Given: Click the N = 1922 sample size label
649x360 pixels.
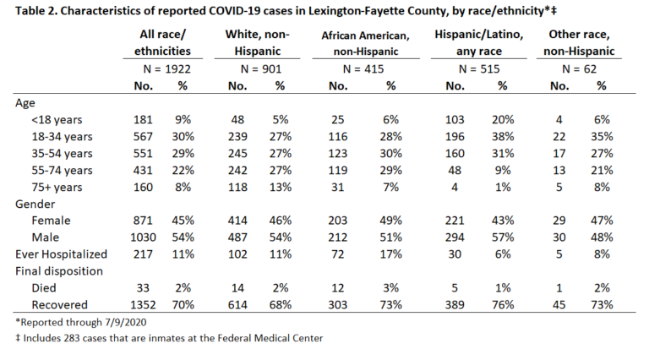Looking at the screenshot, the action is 166,69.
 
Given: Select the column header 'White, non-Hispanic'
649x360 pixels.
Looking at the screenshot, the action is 257,42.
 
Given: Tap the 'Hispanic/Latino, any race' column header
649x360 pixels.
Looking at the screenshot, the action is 479,42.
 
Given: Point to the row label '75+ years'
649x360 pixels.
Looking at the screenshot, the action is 57,188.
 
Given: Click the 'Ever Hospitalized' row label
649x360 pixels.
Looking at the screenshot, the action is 61,254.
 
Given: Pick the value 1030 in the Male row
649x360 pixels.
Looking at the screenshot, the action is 143,237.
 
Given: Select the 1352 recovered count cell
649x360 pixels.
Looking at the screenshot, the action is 143,305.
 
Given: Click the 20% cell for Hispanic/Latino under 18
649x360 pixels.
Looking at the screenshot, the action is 503,120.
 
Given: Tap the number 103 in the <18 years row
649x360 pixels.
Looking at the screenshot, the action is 455,120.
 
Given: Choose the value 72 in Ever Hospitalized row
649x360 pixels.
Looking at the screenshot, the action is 338,254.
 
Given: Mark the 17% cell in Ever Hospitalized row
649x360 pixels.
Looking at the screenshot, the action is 390,254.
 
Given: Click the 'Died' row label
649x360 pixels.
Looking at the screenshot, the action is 44,288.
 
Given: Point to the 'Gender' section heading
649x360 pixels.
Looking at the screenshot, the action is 35,204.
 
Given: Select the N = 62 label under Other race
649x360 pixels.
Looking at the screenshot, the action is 579,69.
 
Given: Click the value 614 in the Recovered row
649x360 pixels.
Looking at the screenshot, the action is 237,305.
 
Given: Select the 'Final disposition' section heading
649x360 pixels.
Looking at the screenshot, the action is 59,271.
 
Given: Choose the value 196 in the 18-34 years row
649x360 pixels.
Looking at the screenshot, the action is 455,137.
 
